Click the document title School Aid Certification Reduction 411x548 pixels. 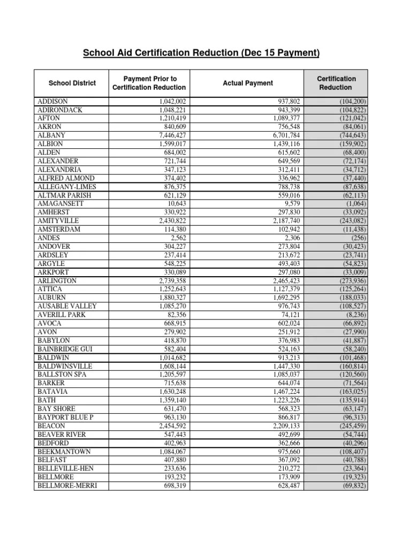(x=201, y=53)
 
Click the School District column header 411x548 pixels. (x=72, y=83)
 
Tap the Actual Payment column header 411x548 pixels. (x=248, y=83)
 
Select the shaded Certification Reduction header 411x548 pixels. (x=336, y=83)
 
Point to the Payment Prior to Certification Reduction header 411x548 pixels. (x=150, y=83)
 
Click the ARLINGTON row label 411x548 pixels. (x=57, y=281)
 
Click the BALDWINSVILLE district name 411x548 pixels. (x=65, y=366)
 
